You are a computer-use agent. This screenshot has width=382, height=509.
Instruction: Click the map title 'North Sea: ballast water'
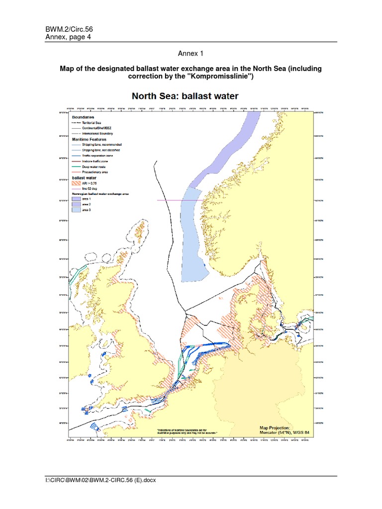coord(185,96)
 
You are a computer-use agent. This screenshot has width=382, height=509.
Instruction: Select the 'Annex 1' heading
coord(191,53)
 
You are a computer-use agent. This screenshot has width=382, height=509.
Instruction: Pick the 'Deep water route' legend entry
coord(95,166)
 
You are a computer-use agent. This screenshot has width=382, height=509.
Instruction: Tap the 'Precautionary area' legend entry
coord(95,171)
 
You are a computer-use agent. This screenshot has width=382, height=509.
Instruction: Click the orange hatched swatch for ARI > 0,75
coord(77,183)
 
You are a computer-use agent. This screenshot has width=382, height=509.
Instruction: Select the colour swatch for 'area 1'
coord(77,199)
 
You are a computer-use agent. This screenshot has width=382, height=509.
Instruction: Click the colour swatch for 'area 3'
coord(77,210)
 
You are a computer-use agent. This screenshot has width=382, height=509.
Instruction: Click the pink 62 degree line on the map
coord(172,200)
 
